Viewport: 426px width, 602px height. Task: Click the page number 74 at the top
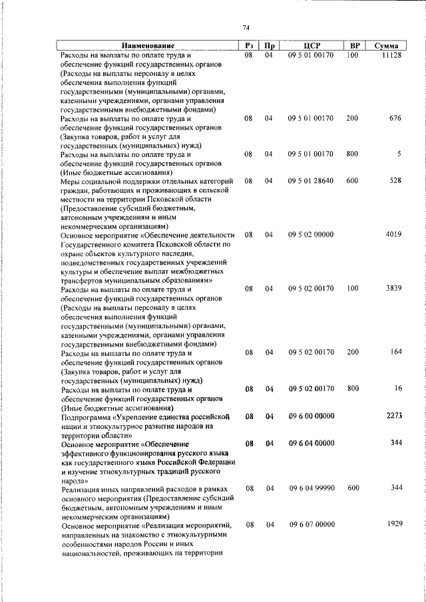(246, 27)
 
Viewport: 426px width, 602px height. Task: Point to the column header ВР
(355, 45)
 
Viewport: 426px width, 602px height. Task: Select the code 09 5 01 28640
(311, 181)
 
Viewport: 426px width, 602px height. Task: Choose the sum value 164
(396, 352)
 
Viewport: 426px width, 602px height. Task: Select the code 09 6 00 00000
(311, 416)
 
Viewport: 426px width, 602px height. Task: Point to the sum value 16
(398, 388)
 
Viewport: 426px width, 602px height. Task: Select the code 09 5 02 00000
(311, 235)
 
